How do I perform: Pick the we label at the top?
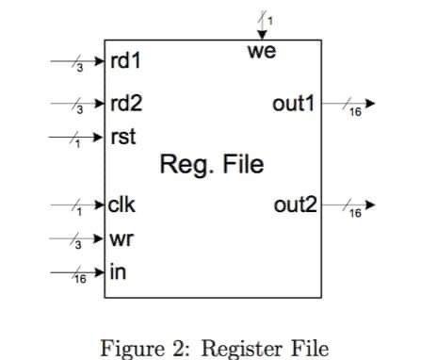pyautogui.click(x=261, y=52)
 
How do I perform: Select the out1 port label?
pyautogui.click(x=294, y=103)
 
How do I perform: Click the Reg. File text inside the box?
pyautogui.click(x=212, y=167)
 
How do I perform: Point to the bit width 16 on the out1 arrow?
pyautogui.click(x=355, y=112)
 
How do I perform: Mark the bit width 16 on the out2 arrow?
pyautogui.click(x=355, y=214)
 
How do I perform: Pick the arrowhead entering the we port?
pyautogui.click(x=261, y=35)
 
